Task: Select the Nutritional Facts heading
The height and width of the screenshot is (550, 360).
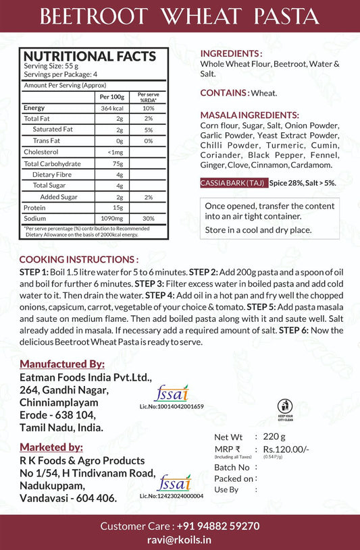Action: pyautogui.click(x=90, y=57)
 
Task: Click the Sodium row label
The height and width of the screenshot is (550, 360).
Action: pyautogui.click(x=35, y=219)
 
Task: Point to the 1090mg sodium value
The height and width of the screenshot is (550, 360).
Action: pyautogui.click(x=116, y=219)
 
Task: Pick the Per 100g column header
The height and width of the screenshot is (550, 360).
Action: pyautogui.click(x=112, y=97)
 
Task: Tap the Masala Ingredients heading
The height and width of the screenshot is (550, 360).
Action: pyautogui.click(x=250, y=115)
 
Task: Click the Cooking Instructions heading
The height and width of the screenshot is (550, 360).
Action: pyautogui.click(x=79, y=259)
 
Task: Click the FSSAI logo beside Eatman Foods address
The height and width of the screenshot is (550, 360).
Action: pyautogui.click(x=171, y=393)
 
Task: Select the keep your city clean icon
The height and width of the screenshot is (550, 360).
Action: pyautogui.click(x=286, y=407)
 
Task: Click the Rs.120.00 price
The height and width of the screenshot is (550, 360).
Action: pyautogui.click(x=286, y=449)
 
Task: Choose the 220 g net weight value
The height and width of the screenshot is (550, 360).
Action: pyautogui.click(x=275, y=437)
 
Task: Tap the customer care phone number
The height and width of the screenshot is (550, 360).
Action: pyautogui.click(x=217, y=526)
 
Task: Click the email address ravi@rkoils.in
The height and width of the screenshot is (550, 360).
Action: pyautogui.click(x=179, y=539)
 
